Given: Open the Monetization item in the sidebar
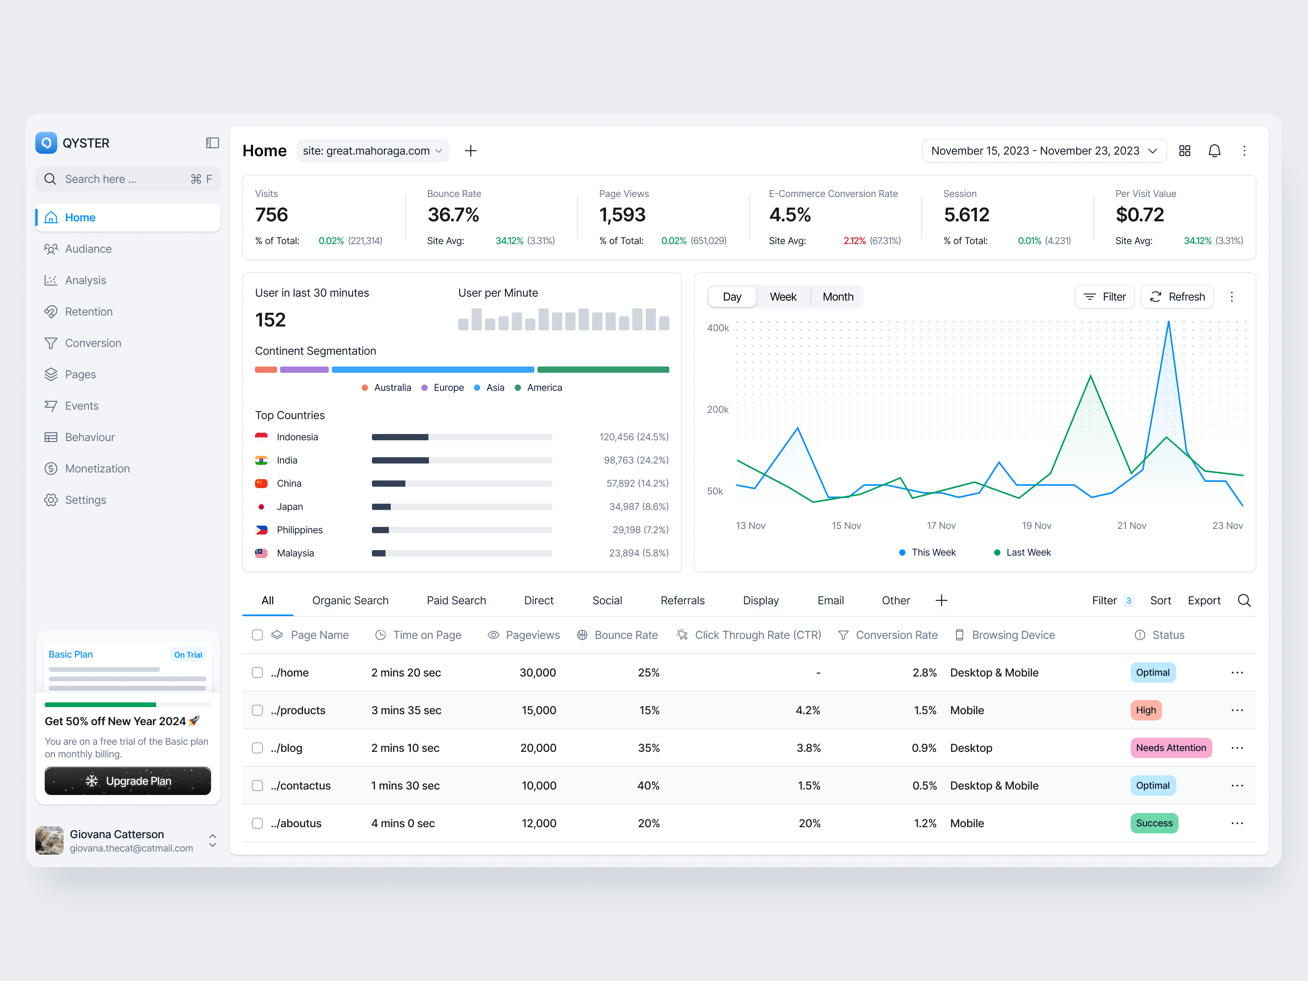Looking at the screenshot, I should tap(97, 468).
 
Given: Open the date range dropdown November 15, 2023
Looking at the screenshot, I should tap(1043, 151).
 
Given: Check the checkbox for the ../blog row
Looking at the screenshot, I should tap(257, 748).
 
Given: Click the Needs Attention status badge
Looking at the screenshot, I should tap(1170, 748).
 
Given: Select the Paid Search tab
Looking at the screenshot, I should tap(456, 600).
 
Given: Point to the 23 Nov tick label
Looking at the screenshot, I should tap(1227, 526).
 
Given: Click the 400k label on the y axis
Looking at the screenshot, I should tap(718, 328).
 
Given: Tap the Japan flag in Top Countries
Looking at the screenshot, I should tap(261, 507).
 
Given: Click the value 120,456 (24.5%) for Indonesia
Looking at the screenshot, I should tap(633, 437).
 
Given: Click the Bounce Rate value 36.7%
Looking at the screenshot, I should tap(453, 215).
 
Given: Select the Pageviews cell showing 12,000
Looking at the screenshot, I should tap(538, 823).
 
